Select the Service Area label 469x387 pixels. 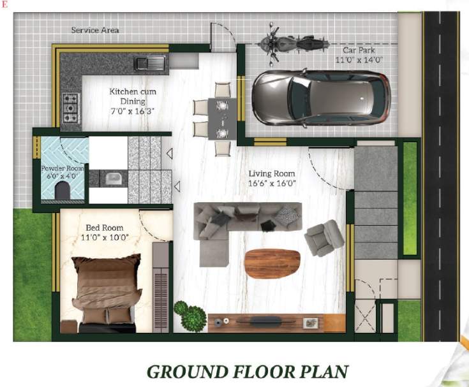[94, 30]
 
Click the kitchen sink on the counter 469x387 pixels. [150, 62]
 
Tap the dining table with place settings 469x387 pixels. [222, 119]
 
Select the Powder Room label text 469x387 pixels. [59, 168]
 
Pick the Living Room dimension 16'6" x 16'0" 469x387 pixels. [272, 184]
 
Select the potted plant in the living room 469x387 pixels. [190, 315]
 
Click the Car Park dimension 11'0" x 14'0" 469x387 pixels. [357, 60]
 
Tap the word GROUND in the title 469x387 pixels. [188, 371]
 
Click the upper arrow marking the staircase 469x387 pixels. [170, 154]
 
